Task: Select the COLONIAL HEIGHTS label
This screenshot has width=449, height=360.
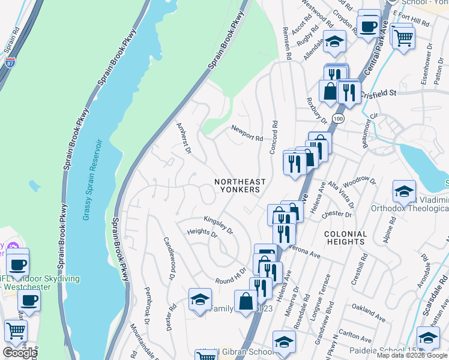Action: [345, 238]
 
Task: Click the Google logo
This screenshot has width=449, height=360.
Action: [19, 352]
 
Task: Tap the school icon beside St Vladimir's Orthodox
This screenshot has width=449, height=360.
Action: [405, 193]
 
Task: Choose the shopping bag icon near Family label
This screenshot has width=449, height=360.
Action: [246, 302]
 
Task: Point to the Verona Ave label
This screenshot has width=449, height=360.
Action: [306, 250]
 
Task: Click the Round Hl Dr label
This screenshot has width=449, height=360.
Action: [231, 276]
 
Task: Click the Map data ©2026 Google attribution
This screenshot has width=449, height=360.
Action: [412, 355]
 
